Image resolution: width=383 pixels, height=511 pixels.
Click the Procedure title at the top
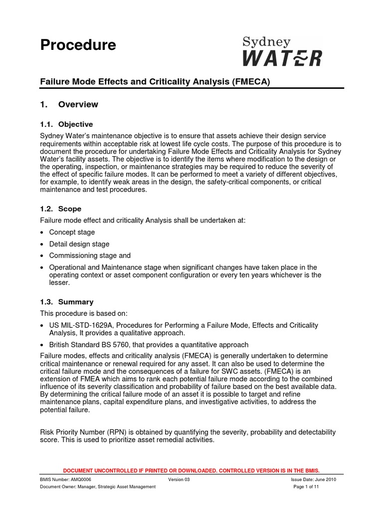tap(78, 45)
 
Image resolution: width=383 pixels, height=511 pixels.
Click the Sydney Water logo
tap(282, 51)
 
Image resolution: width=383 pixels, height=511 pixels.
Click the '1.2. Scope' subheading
tap(60, 209)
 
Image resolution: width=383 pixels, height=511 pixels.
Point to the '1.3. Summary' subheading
tap(66, 302)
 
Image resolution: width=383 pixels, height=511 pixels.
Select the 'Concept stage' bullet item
tap(72, 233)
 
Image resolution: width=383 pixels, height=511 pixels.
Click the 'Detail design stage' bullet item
tap(79, 245)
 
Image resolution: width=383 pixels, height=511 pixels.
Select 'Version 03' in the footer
tap(179, 479)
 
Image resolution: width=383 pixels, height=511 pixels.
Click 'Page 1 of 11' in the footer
tap(306, 487)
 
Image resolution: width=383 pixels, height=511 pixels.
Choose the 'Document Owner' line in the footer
tap(98, 487)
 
